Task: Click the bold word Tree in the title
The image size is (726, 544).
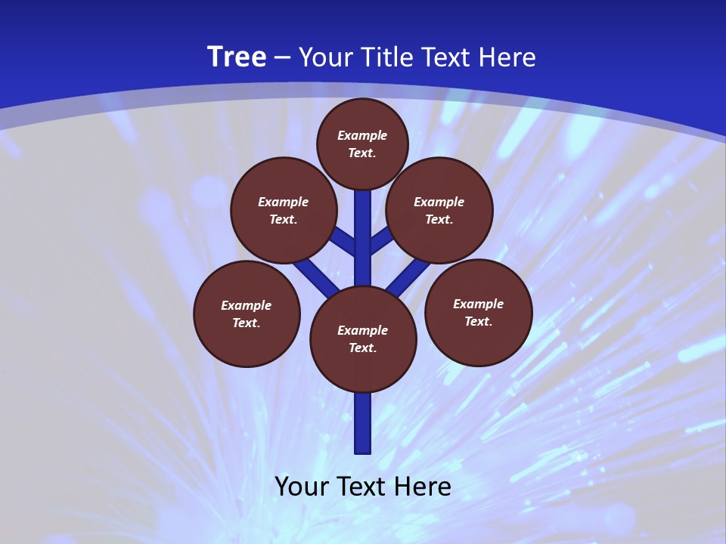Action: click(x=237, y=57)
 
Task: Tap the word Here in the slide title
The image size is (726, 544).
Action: click(x=508, y=57)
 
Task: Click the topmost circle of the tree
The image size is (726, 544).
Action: click(x=362, y=144)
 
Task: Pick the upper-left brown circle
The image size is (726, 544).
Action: click(x=284, y=210)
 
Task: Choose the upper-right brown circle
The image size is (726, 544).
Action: click(x=439, y=210)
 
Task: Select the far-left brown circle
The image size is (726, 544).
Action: click(x=247, y=314)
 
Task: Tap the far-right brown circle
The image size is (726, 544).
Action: click(x=479, y=312)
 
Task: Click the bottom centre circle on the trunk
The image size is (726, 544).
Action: click(x=363, y=339)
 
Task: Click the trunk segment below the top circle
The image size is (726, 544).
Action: click(x=363, y=227)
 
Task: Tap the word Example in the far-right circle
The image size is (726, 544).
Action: click(x=478, y=304)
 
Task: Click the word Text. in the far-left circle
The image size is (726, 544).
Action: click(x=246, y=323)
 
